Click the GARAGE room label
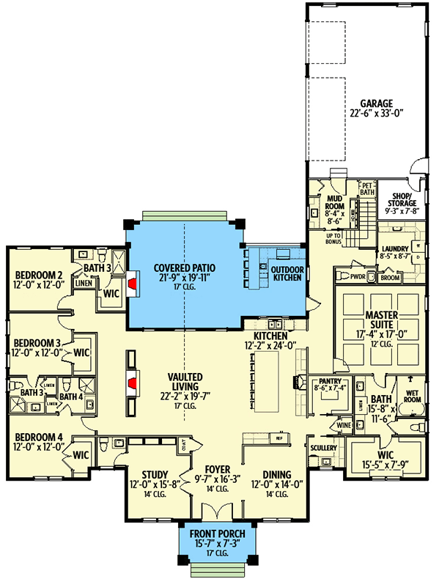pos(376,103)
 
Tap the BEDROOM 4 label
pos(39,437)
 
